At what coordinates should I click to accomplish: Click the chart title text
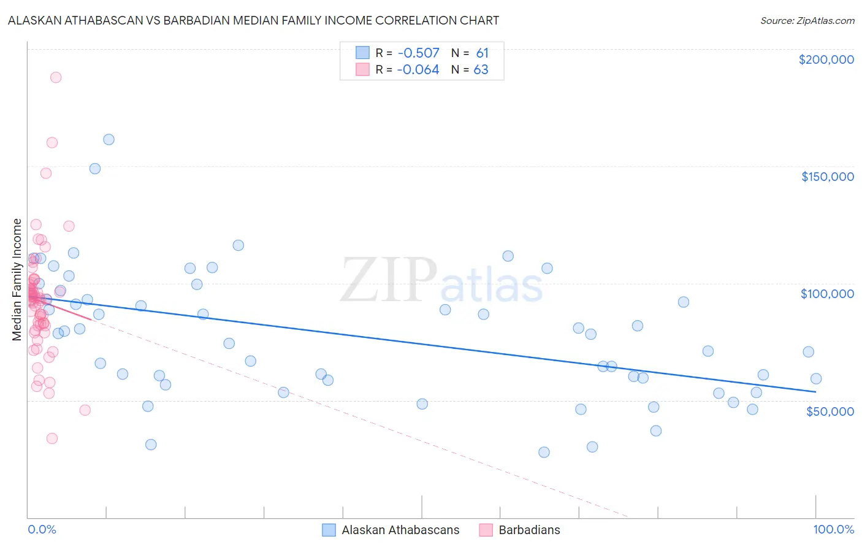click(254, 20)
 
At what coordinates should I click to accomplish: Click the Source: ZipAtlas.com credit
click(807, 20)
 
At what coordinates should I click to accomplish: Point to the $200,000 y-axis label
click(826, 59)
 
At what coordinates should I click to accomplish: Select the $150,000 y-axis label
click(827, 177)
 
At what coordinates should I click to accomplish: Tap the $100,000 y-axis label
click(827, 294)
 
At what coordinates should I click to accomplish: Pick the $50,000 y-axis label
click(830, 411)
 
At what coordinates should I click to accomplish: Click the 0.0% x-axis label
click(42, 529)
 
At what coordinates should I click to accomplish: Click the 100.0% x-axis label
click(833, 529)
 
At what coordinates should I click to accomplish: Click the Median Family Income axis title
click(17, 280)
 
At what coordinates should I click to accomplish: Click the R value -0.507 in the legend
click(418, 53)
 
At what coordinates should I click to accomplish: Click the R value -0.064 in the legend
click(418, 70)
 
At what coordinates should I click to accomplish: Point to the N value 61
click(482, 53)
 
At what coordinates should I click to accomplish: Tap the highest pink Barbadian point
click(56, 77)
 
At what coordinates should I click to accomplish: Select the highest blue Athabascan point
click(109, 139)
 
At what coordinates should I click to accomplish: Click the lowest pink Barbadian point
click(52, 438)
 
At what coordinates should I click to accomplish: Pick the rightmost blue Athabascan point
click(816, 378)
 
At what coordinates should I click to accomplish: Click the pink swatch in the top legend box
click(362, 70)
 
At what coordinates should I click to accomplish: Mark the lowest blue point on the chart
click(544, 452)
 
